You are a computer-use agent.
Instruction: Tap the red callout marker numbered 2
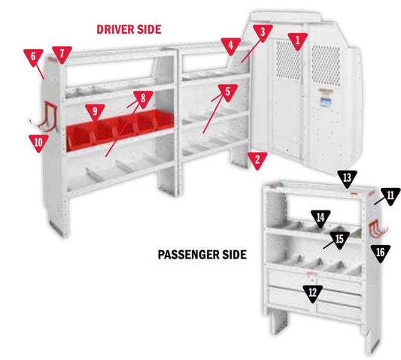click(x=257, y=160)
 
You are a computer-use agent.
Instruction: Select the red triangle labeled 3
click(x=263, y=33)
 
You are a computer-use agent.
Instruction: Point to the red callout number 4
click(x=231, y=46)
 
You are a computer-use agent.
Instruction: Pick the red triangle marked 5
click(x=228, y=92)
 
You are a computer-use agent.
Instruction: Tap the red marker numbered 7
click(x=62, y=54)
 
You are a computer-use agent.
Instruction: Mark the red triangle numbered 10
click(x=38, y=143)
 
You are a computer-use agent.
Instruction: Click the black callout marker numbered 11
click(x=390, y=196)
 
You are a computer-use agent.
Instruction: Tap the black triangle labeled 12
click(x=312, y=294)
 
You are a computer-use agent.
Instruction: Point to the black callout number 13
click(x=347, y=178)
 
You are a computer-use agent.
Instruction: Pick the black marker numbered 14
click(x=320, y=219)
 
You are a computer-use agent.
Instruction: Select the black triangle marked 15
click(x=339, y=240)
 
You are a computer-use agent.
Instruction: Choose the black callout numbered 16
click(x=380, y=253)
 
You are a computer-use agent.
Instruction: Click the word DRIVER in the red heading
click(x=115, y=29)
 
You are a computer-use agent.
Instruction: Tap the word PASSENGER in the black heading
click(x=188, y=255)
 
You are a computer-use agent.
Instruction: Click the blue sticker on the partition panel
click(x=326, y=101)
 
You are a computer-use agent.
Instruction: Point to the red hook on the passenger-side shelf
click(x=377, y=229)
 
